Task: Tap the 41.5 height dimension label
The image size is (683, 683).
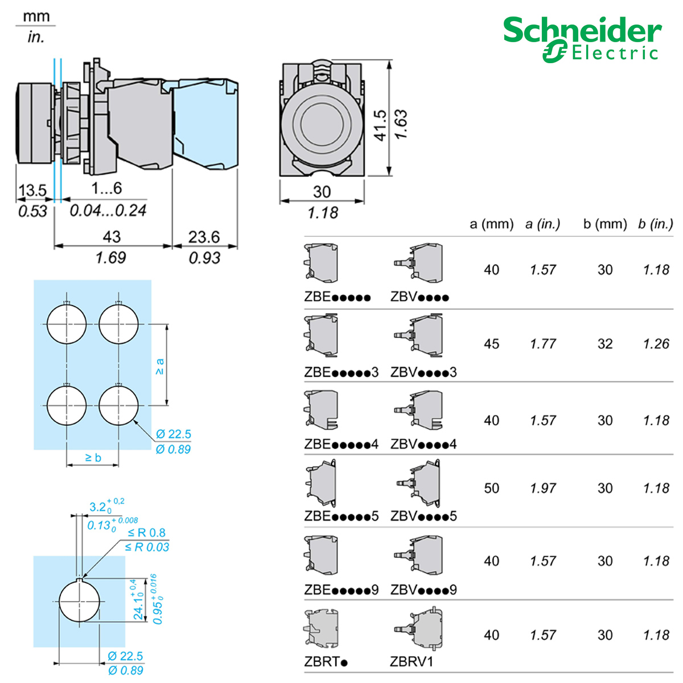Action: (x=380, y=125)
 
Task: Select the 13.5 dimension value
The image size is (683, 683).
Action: (x=32, y=191)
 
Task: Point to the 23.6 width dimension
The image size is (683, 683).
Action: (x=204, y=237)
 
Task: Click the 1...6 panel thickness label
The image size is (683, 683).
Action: (x=106, y=188)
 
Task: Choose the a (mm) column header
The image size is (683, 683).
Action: (x=491, y=224)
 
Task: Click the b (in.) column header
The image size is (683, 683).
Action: (x=655, y=224)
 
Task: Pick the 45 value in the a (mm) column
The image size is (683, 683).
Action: (x=491, y=344)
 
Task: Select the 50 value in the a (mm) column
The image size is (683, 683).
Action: (x=491, y=488)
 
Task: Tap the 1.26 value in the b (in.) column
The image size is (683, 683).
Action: (x=656, y=344)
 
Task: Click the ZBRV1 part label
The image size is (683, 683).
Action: (x=412, y=661)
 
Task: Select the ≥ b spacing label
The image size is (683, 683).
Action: (x=93, y=458)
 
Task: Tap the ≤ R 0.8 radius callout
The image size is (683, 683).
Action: (x=146, y=533)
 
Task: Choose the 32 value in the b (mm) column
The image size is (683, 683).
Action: (x=605, y=344)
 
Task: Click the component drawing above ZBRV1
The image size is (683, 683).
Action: (x=418, y=629)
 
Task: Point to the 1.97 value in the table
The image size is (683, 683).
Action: (x=542, y=488)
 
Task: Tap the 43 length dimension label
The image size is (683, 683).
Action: (x=112, y=237)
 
